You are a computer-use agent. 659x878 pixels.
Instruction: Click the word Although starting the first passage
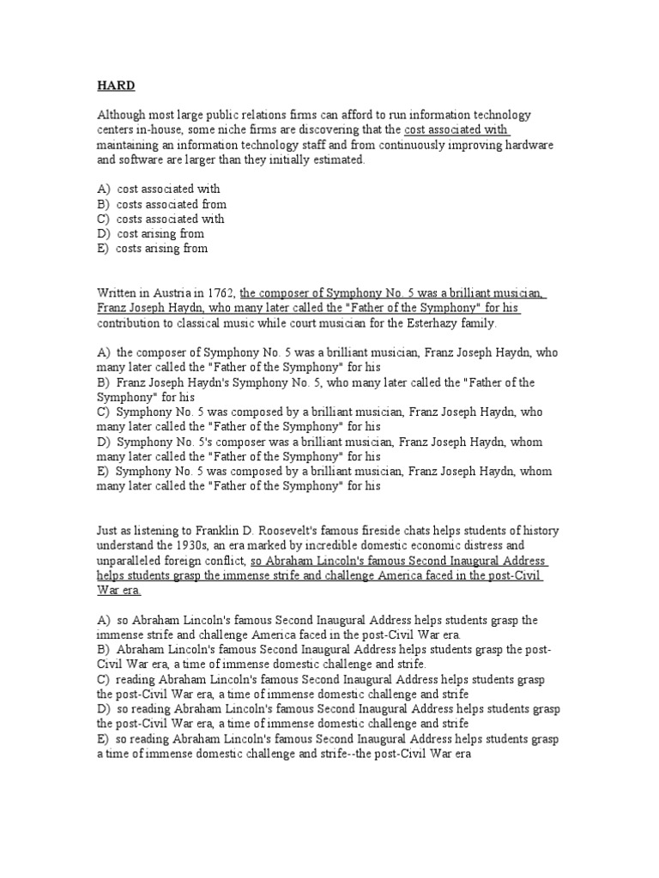point(122,115)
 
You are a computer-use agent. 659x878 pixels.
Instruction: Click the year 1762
point(217,293)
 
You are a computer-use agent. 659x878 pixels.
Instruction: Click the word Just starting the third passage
point(108,531)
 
